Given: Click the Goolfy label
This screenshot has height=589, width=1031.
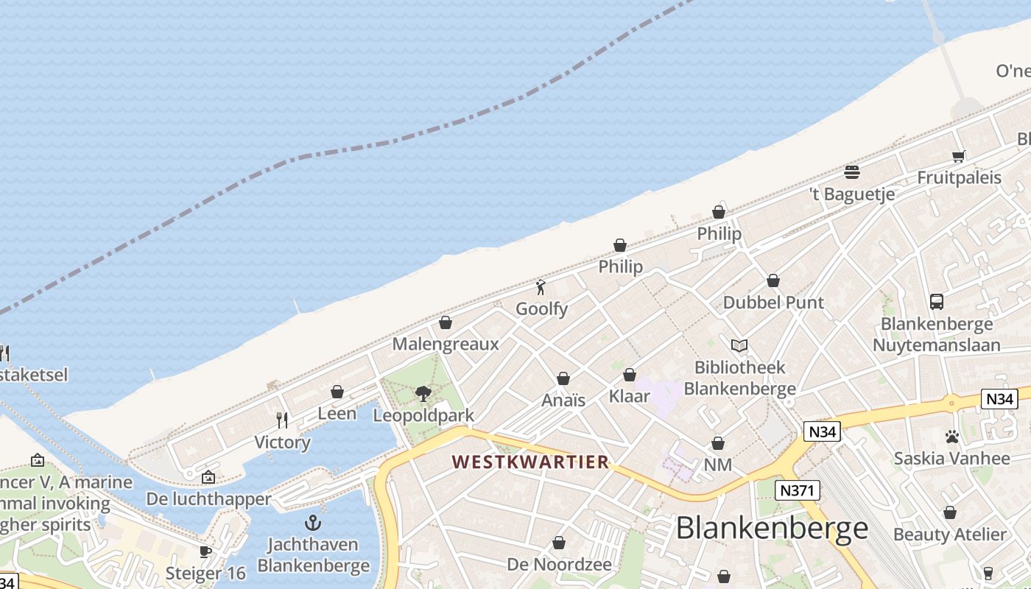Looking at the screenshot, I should [x=541, y=309].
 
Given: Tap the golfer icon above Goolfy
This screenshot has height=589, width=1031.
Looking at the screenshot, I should [x=541, y=287].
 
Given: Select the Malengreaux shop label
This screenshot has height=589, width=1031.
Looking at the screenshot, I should [x=445, y=344].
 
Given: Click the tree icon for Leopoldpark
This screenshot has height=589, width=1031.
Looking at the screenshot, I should [x=423, y=394].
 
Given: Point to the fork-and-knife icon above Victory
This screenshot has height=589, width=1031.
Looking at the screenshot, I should [x=282, y=420].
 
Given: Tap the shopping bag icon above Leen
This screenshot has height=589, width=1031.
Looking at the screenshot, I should [x=337, y=392].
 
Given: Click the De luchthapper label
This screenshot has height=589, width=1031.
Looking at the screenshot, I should [x=208, y=499].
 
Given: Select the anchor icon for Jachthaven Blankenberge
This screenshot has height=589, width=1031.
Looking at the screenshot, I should [x=314, y=523].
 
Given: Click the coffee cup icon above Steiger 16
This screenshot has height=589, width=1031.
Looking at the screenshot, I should [x=205, y=551].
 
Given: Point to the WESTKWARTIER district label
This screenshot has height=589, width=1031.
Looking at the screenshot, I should [x=530, y=462].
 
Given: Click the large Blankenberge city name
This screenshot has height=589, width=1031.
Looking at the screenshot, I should [x=772, y=528].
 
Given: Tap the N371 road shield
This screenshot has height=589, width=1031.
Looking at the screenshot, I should [x=798, y=490].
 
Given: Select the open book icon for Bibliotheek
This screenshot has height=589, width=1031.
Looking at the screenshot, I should [x=739, y=345].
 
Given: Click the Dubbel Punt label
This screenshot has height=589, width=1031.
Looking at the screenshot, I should [x=773, y=303].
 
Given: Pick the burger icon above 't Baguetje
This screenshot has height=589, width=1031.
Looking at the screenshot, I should [x=852, y=172].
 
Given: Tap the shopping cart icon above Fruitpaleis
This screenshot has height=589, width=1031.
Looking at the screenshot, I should [x=958, y=156].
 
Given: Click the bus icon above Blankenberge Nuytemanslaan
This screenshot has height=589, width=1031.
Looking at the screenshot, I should [x=937, y=302].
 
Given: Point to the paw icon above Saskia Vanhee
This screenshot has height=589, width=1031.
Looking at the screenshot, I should [x=952, y=437].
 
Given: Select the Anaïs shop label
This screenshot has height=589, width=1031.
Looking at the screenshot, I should [x=563, y=401].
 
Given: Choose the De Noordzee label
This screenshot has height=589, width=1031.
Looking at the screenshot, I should [x=559, y=565].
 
